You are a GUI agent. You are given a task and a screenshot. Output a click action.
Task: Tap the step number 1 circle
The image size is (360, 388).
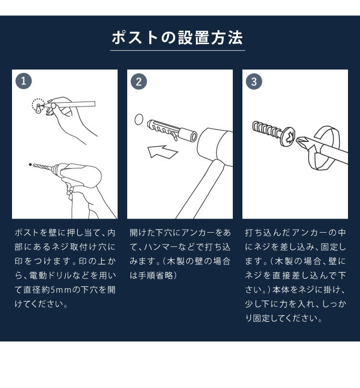point(23,81)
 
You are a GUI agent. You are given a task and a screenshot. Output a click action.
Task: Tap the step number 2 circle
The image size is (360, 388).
point(138,81)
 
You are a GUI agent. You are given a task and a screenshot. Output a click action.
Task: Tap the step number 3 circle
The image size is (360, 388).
point(253,81)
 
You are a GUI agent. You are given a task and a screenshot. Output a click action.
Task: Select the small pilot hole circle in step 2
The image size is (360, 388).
point(139,119)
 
